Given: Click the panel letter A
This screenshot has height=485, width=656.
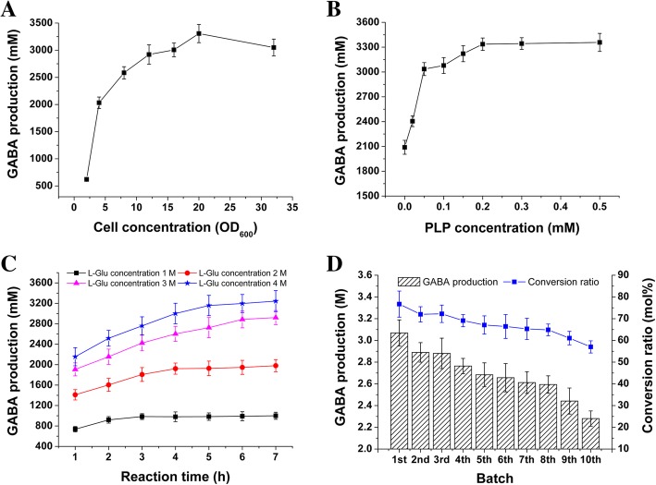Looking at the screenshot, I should point(12,13).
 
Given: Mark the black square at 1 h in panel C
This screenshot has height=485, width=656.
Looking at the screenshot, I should point(74,429).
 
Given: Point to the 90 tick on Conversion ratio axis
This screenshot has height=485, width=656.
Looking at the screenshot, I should point(618,274).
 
